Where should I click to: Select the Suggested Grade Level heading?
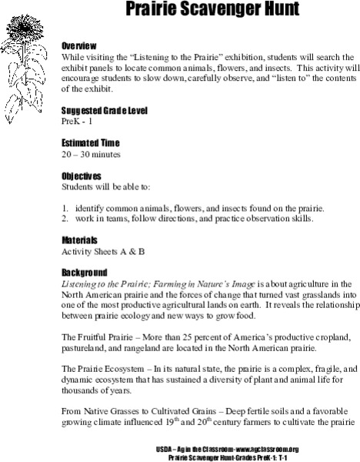105,111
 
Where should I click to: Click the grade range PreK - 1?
78,122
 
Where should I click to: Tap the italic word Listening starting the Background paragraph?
82,284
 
